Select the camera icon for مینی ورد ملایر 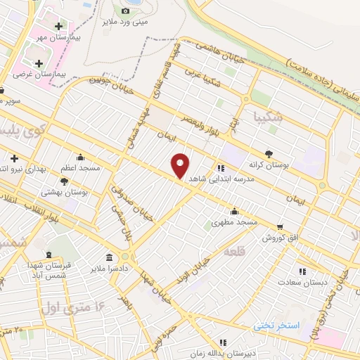126,11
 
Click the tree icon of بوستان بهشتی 65,181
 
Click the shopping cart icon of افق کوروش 281,226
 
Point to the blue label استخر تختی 276,326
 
